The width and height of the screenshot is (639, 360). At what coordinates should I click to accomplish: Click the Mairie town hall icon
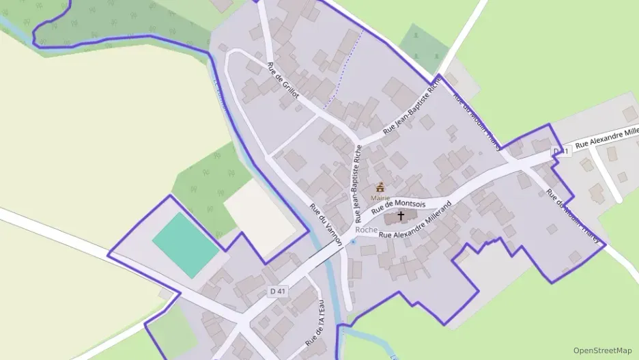(380, 186)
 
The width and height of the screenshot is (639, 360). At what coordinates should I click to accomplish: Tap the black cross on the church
(401, 216)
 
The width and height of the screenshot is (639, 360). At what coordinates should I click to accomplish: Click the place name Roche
(367, 230)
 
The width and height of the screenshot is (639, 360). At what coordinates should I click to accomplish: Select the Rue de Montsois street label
(399, 208)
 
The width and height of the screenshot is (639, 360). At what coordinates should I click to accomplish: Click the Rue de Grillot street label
(283, 81)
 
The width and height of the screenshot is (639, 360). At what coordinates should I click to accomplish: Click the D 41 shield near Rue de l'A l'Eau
(278, 292)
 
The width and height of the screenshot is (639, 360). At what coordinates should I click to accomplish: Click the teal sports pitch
(186, 244)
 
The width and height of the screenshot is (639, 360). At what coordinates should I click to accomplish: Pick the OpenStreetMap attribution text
(602, 350)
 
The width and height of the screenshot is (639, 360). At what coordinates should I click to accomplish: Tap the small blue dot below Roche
(352, 241)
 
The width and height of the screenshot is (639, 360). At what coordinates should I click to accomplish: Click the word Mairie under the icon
(380, 198)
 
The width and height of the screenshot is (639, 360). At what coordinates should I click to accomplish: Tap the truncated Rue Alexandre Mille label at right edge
(606, 137)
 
